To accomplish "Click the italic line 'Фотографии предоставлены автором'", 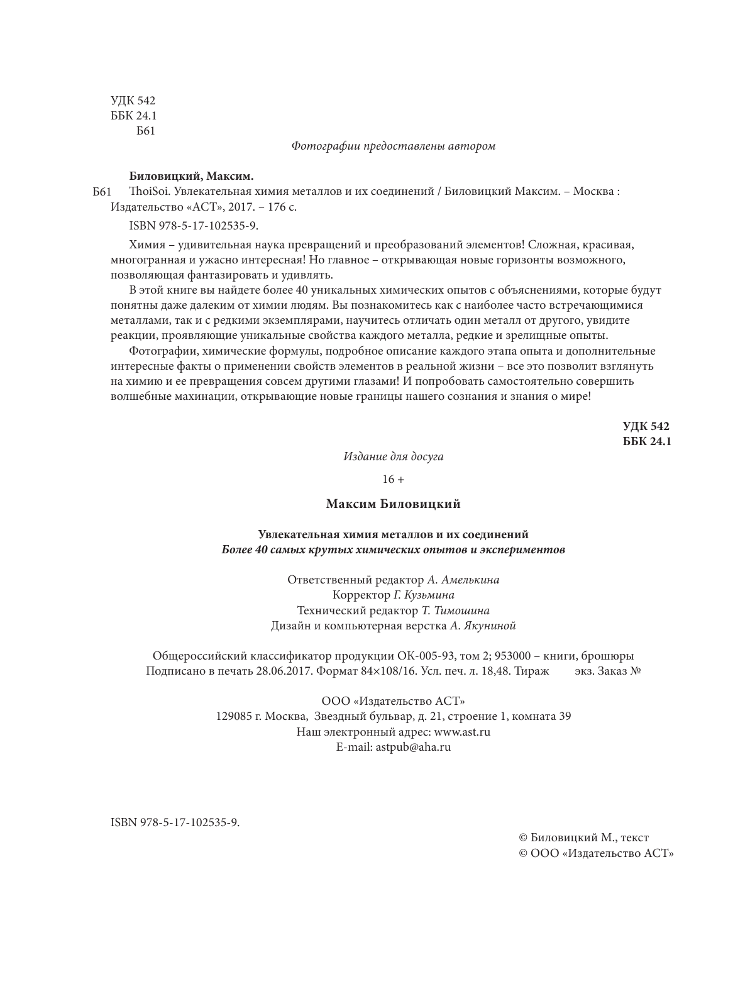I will pos(394,146).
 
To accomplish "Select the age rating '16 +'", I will pos(393,479).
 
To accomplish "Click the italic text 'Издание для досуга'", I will pos(393,456).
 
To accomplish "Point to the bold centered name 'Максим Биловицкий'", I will pos(394,504).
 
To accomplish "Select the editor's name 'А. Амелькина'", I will pos(463,580).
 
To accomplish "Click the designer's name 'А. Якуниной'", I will pos(483,626).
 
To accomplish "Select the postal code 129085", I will pos(234,716).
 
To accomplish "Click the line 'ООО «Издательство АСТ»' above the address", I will pos(393,701).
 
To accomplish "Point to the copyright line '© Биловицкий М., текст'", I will pos(583,838).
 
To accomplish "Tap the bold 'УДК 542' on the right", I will pos(646,426).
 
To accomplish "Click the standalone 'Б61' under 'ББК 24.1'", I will pos(145,131).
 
